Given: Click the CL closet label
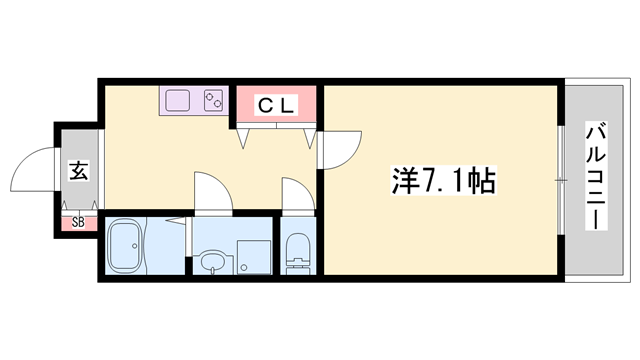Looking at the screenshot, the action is (277, 104).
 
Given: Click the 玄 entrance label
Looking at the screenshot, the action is (78, 171).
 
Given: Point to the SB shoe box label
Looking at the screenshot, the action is (77, 223).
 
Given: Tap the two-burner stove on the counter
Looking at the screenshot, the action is (213, 100).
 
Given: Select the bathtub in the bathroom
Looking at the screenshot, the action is (127, 246).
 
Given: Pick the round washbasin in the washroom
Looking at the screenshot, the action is (209, 263).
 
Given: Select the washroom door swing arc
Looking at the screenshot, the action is (212, 193).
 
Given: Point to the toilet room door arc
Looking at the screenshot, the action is (297, 196).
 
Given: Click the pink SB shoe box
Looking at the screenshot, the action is (77, 223).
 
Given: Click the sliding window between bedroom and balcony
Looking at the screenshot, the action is (558, 180).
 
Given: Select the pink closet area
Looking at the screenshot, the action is (277, 104).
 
